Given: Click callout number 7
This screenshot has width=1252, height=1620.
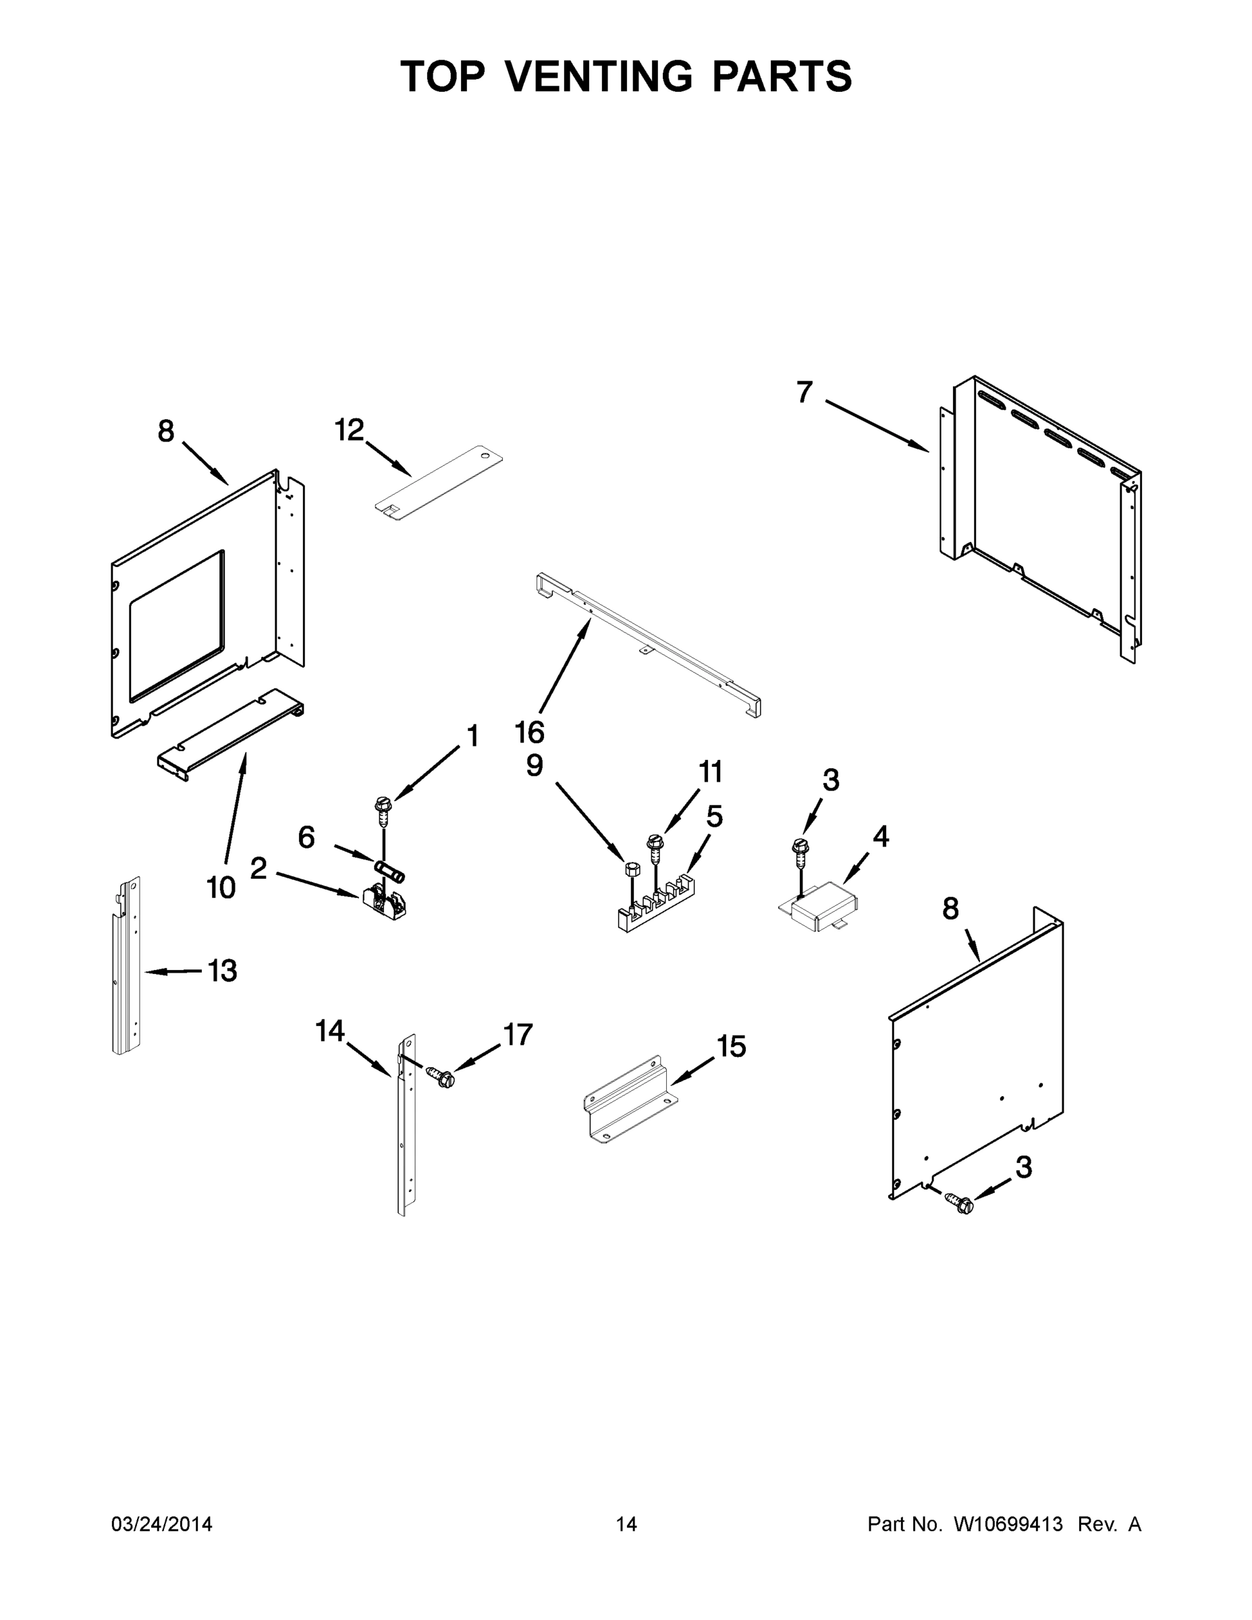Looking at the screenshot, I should click(x=804, y=392).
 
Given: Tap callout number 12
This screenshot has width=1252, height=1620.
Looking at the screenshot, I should click(x=350, y=429).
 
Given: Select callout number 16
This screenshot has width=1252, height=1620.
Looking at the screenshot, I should click(x=530, y=732).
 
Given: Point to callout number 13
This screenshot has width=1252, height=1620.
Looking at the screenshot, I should click(x=222, y=970).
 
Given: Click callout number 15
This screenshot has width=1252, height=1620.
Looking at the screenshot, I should click(x=732, y=1047).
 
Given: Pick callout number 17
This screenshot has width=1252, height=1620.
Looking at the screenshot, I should click(x=518, y=1034).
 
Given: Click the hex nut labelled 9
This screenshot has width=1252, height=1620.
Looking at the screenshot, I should click(x=632, y=869).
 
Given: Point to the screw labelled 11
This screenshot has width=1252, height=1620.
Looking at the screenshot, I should click(x=654, y=847).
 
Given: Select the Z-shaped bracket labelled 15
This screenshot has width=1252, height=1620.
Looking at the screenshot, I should click(x=630, y=1100).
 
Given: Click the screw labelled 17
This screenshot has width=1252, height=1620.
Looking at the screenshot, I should click(x=441, y=1077).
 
